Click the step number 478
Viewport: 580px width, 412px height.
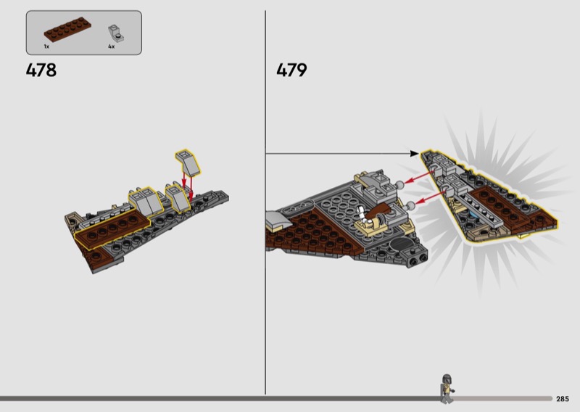(41, 70)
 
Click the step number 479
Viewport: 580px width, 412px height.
(291, 70)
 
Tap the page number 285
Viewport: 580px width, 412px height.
(563, 399)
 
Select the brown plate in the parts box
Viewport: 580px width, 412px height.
(67, 29)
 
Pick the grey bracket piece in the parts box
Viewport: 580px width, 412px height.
(115, 33)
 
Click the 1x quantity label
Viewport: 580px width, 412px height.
(46, 46)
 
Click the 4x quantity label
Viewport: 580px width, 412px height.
(112, 46)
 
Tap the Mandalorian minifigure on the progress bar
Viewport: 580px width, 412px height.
(447, 388)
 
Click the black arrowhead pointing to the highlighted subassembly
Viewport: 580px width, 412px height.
(414, 153)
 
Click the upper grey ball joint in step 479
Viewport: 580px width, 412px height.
(399, 184)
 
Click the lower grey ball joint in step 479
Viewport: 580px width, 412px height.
(410, 205)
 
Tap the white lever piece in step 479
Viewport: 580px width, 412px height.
(364, 216)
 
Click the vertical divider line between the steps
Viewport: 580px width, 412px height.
(265, 202)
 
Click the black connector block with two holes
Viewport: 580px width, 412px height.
(418, 257)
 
